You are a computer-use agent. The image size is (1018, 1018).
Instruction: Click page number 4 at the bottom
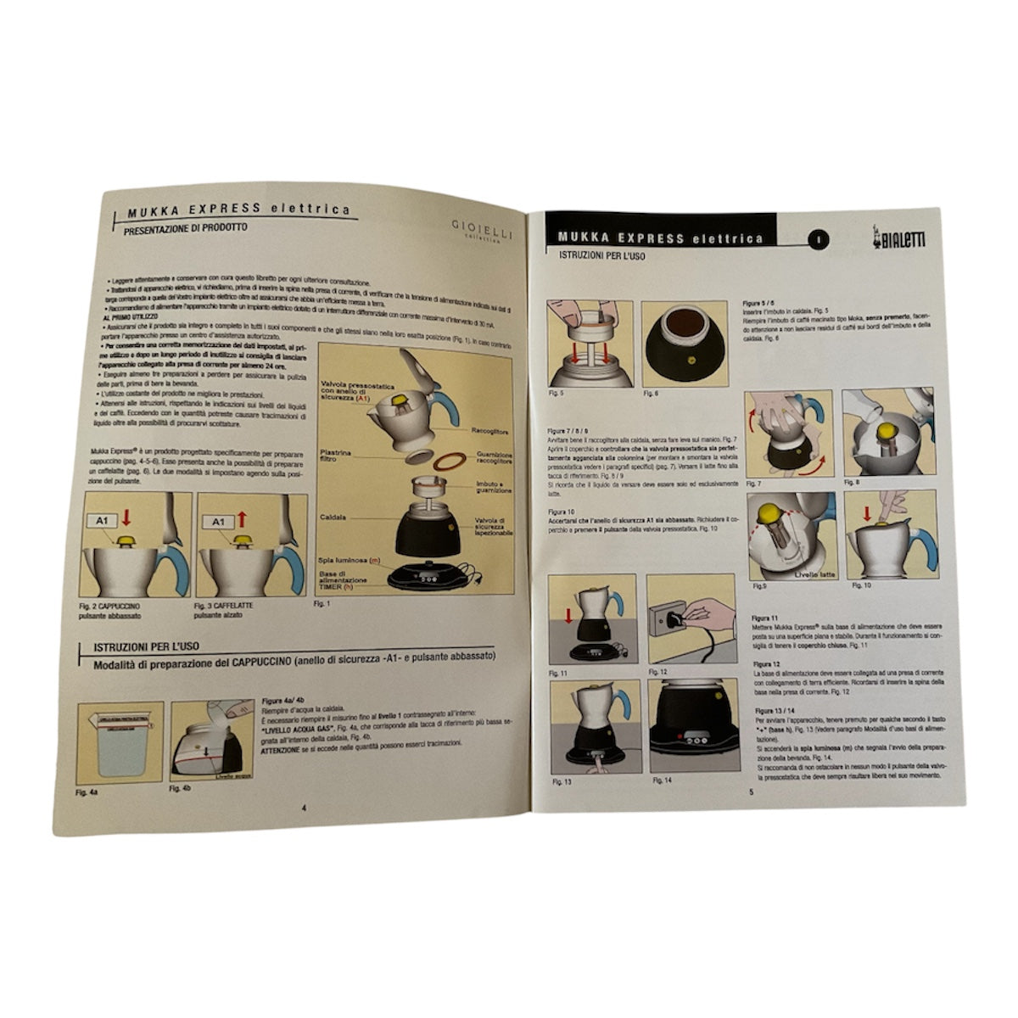pyautogui.click(x=303, y=807)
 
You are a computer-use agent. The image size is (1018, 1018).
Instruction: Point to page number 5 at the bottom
pyautogui.click(x=750, y=792)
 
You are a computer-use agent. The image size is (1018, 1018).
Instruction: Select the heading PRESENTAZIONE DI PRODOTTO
pyautogui.click(x=185, y=228)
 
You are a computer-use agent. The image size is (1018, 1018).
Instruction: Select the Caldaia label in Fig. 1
pyautogui.click(x=333, y=517)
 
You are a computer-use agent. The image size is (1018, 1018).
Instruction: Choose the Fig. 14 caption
pyautogui.click(x=662, y=780)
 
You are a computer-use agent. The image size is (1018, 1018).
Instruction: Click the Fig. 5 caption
pyautogui.click(x=557, y=395)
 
